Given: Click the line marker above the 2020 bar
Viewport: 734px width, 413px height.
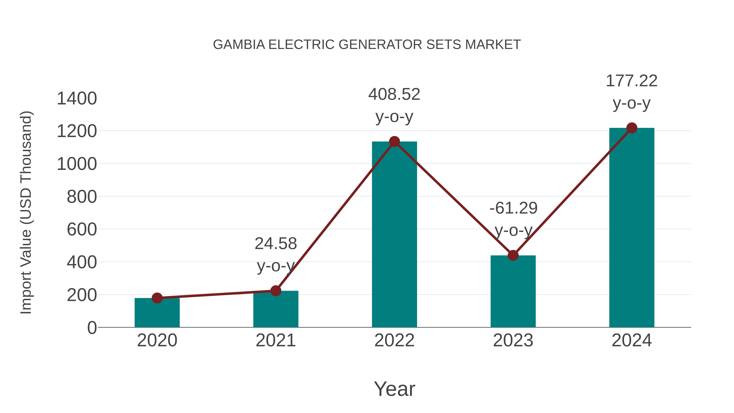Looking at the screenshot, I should [157, 298].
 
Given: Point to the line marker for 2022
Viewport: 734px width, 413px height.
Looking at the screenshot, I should [394, 142].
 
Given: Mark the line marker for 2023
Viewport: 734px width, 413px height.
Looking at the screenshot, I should [513, 255].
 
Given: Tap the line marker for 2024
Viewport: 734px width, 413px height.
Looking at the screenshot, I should [632, 128].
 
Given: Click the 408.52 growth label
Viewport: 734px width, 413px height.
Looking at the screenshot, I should [394, 94].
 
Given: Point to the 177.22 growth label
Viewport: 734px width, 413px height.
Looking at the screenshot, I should [631, 81].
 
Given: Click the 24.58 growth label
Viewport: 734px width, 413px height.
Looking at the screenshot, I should [275, 244].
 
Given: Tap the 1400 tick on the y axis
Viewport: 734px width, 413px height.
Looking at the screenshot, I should [77, 99].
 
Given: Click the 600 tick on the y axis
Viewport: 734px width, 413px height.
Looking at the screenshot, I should [82, 229].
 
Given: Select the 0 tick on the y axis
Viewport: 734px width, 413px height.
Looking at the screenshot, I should [92, 328].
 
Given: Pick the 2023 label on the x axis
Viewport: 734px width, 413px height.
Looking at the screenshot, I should [513, 340].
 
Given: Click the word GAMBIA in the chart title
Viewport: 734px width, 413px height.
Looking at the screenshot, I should [239, 45].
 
